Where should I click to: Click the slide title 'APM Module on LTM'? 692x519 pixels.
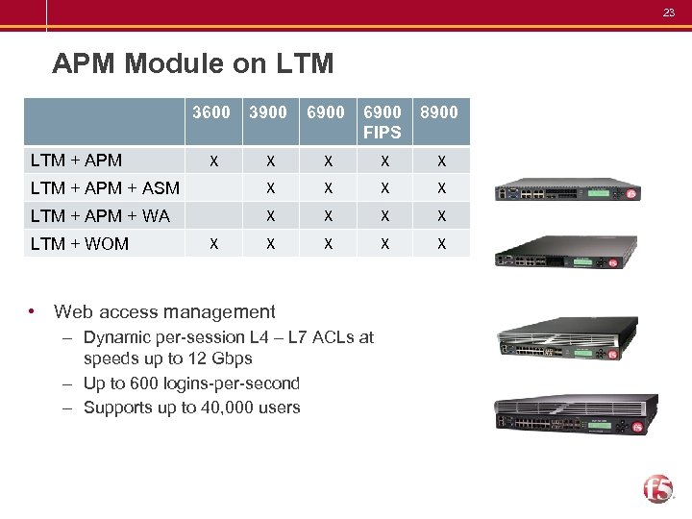(x=193, y=64)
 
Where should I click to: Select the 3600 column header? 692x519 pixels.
(x=211, y=112)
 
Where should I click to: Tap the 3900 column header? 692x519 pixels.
(x=268, y=112)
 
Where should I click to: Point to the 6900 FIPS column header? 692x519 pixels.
(x=382, y=122)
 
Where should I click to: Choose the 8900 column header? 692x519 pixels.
(x=439, y=112)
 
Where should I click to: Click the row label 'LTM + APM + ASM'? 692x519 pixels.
(x=105, y=188)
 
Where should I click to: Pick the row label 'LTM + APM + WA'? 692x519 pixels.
(x=100, y=216)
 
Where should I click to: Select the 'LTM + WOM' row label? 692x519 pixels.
(x=80, y=244)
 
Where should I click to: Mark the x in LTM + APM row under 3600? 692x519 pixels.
(x=214, y=160)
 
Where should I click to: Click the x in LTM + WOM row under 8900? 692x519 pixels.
(x=441, y=244)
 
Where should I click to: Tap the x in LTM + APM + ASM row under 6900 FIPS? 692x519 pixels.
(x=384, y=188)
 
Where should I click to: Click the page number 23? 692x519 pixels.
(x=669, y=12)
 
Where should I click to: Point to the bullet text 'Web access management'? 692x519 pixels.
(x=164, y=311)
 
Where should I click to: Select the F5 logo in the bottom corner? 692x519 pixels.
(x=659, y=487)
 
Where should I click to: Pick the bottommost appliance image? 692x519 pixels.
(x=576, y=414)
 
